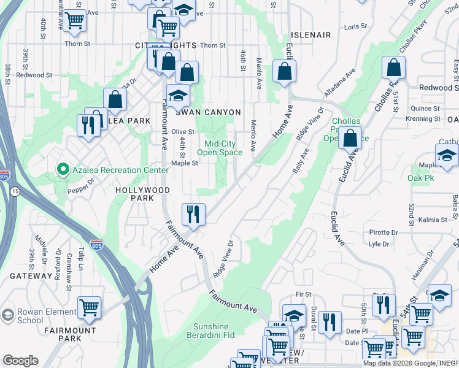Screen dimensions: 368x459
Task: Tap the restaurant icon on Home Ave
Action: coord(193,214)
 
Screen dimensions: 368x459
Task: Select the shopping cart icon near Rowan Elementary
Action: coord(90,307)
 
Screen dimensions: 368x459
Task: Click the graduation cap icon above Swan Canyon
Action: coord(178,96)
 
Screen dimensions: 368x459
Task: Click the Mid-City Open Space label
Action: coord(223,148)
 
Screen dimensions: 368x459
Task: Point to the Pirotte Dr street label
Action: coord(384,232)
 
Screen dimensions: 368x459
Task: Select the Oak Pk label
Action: coord(421,178)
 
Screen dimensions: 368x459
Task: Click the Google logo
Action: coord(20,361)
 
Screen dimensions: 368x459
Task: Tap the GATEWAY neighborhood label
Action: coord(31,276)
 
